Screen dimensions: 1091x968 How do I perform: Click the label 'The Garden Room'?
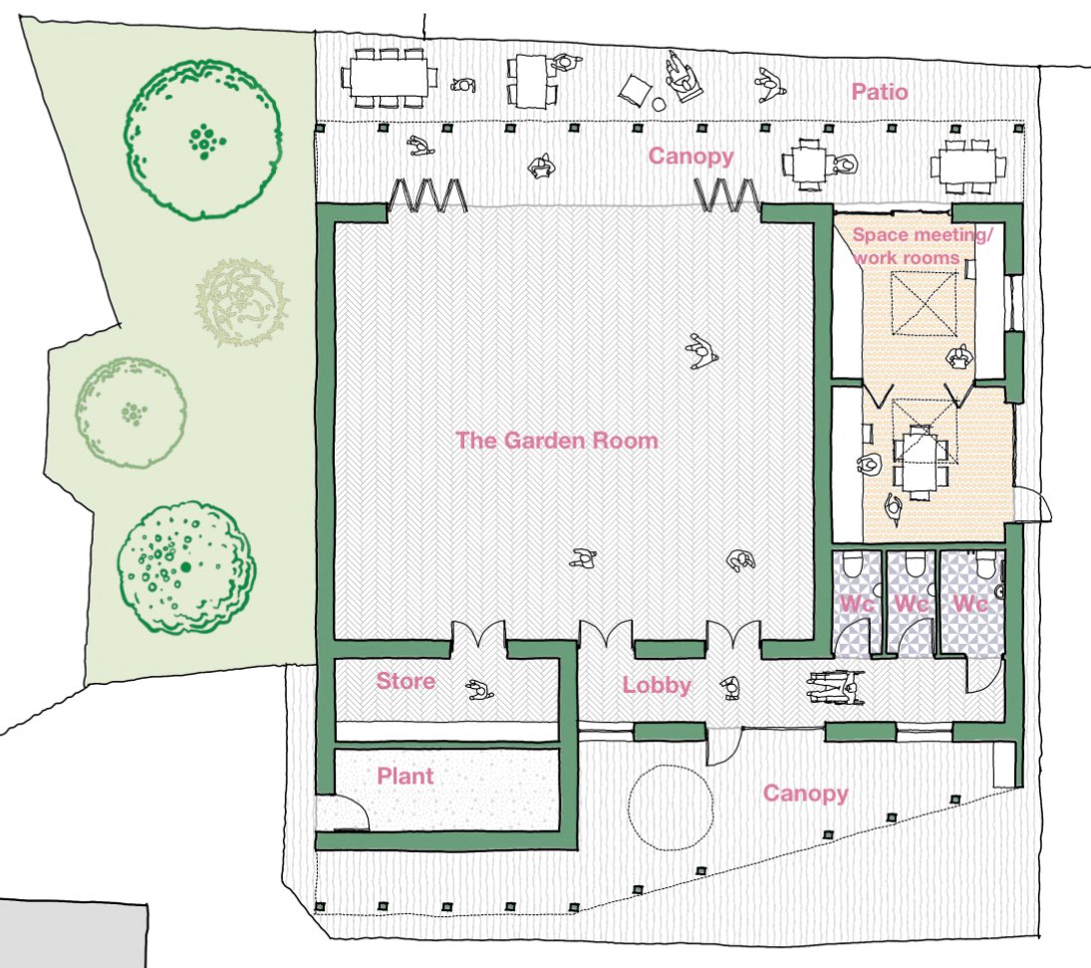[x=557, y=440]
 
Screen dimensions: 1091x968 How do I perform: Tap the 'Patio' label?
[x=880, y=93]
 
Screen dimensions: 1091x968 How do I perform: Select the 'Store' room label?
[x=406, y=682]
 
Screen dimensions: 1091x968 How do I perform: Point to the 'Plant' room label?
[x=406, y=776]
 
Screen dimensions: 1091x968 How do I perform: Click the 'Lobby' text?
[x=657, y=686]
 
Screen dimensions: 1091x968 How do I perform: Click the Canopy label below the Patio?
[x=690, y=156]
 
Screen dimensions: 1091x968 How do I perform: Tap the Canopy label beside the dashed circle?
[x=805, y=794]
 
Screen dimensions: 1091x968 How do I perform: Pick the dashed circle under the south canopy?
[x=670, y=807]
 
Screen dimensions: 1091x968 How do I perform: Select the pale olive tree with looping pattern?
[x=242, y=302]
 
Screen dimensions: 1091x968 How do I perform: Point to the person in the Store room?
[x=479, y=690]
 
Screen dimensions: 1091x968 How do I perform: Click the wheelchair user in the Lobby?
[x=835, y=687]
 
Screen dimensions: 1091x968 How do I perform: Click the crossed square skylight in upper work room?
[x=923, y=304]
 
